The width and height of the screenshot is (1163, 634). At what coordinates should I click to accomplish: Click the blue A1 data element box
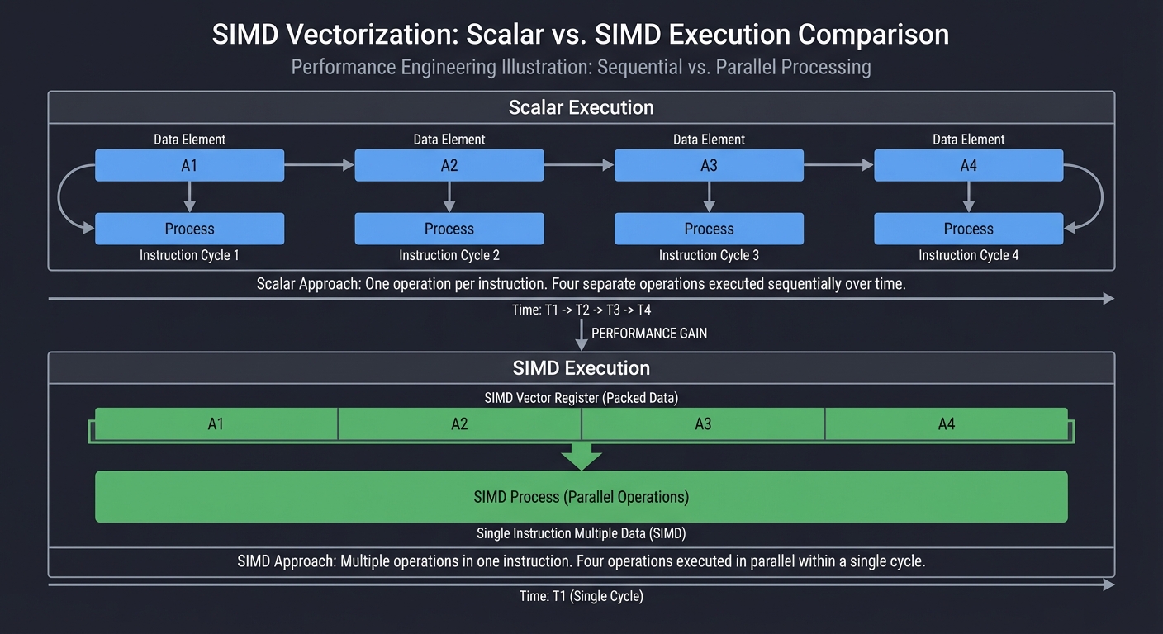(x=189, y=165)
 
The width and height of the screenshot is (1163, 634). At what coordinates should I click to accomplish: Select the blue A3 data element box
(x=709, y=165)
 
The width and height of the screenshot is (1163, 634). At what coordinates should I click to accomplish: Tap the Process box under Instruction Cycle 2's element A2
(x=449, y=229)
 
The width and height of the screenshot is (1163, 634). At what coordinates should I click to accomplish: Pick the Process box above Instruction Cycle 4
(x=968, y=229)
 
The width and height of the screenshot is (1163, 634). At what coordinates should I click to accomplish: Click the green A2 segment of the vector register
(x=459, y=423)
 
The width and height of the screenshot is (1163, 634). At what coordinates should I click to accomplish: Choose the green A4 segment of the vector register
(x=946, y=423)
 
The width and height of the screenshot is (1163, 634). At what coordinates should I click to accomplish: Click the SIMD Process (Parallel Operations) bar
(x=581, y=497)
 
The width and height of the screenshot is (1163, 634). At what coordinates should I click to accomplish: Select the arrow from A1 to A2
(x=320, y=165)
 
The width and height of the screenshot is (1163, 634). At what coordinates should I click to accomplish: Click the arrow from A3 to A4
(x=838, y=165)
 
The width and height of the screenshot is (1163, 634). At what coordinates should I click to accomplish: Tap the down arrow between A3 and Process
(x=709, y=196)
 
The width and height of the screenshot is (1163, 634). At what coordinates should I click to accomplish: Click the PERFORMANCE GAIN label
(x=649, y=334)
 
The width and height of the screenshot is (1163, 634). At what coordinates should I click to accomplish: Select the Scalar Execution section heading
(x=581, y=107)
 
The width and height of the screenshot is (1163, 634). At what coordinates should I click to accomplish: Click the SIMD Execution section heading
(x=581, y=368)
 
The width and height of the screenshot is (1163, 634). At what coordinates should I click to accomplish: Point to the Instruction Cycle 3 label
(x=709, y=255)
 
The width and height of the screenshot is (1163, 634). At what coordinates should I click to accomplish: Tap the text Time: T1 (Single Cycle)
(x=581, y=596)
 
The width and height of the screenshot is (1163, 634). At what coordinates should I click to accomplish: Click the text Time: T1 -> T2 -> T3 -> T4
(x=581, y=310)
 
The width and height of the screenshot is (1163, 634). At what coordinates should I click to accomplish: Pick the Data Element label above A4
(x=968, y=140)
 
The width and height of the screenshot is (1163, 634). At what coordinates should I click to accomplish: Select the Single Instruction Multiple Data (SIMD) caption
(x=581, y=533)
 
